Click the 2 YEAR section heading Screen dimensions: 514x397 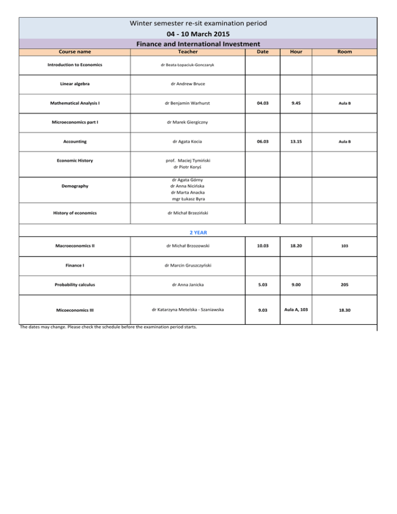[198, 233]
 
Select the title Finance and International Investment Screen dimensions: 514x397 [198, 44]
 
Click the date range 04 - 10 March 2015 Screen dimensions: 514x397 [198, 34]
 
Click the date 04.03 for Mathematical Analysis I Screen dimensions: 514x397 [262, 103]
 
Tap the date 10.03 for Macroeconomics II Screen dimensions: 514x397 [262, 246]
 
